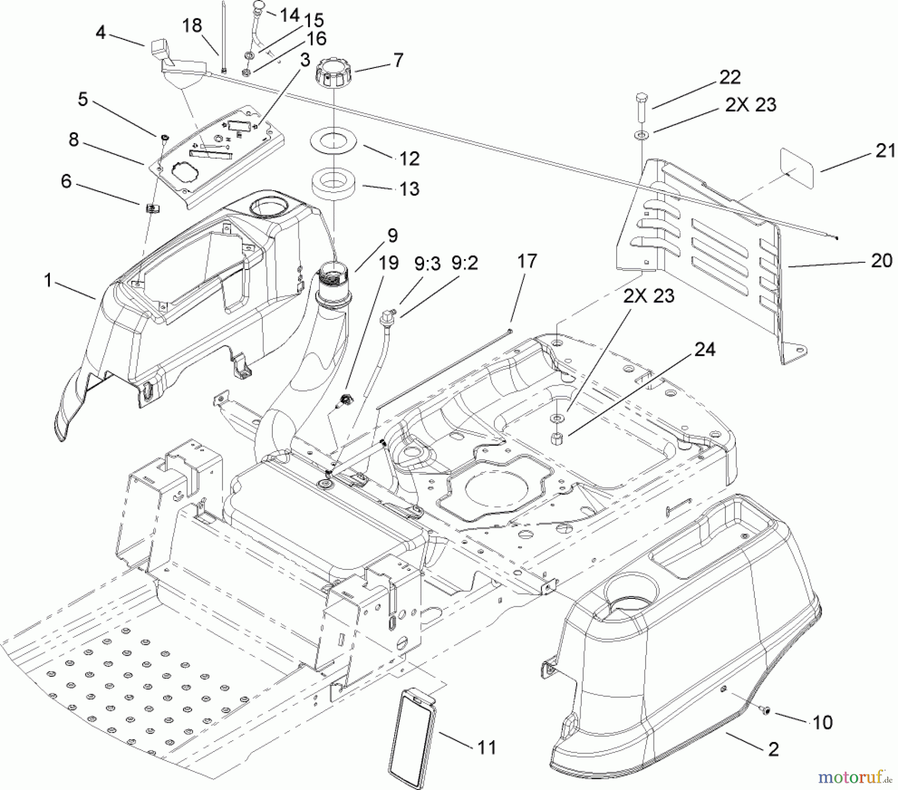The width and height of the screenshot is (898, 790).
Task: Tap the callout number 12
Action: click(409, 159)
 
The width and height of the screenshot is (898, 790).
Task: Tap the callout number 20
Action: click(882, 260)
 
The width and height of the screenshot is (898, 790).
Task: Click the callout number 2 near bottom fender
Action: click(774, 749)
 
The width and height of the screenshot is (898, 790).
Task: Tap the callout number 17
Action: click(527, 261)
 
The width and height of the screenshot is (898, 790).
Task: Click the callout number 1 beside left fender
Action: click(48, 280)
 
